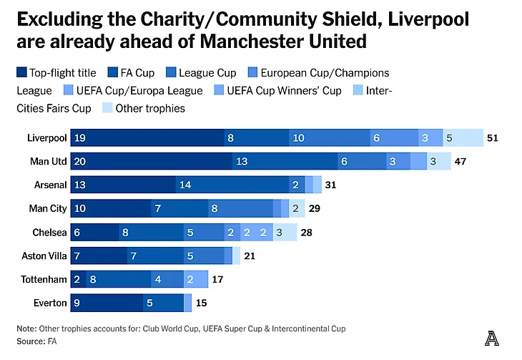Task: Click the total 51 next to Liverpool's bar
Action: (493, 137)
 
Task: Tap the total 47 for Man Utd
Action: (461, 161)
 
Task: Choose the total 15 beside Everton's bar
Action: (202, 303)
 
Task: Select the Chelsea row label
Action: (49, 232)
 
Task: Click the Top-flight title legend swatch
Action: (22, 72)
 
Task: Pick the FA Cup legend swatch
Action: (114, 72)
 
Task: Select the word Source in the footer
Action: (30, 341)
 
